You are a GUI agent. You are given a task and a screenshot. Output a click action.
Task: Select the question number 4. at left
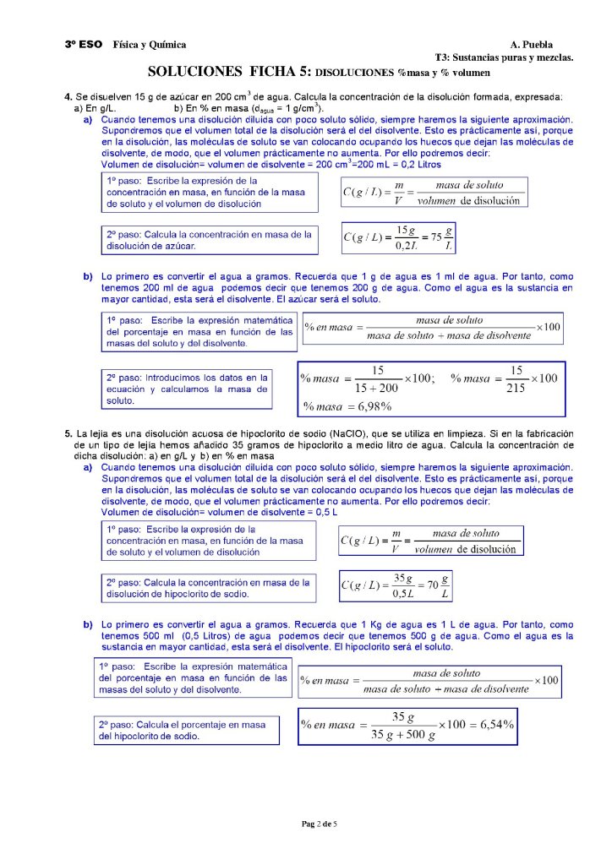68,97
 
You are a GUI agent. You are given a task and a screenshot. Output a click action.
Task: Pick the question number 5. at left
68,433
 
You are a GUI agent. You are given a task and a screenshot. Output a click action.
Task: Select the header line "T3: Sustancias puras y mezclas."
504,57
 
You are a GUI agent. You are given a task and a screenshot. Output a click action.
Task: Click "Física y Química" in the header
150,44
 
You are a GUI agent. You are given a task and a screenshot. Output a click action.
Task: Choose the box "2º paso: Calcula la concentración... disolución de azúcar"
209,240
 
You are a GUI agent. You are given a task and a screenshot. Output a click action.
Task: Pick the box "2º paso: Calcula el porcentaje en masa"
185,730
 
